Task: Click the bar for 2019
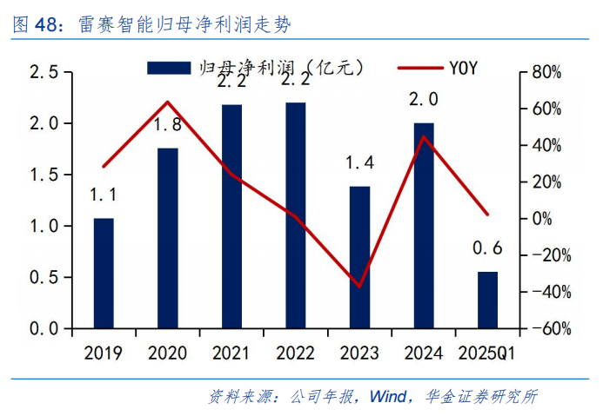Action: [x=104, y=274]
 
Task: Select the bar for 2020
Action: [x=167, y=239]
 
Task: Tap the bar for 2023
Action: [x=359, y=258]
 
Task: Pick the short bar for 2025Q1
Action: [x=487, y=300]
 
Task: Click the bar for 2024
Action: [x=424, y=226]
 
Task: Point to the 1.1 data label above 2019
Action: [x=104, y=195]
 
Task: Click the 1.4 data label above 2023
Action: [x=359, y=162]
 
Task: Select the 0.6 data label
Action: [x=487, y=248]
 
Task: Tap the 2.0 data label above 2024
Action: [x=424, y=100]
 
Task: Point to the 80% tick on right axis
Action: [x=548, y=72]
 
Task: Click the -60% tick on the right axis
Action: [x=548, y=329]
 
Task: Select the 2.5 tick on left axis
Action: [x=44, y=72]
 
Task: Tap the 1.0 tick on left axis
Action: [x=44, y=227]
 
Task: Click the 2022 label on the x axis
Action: [x=295, y=353]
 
